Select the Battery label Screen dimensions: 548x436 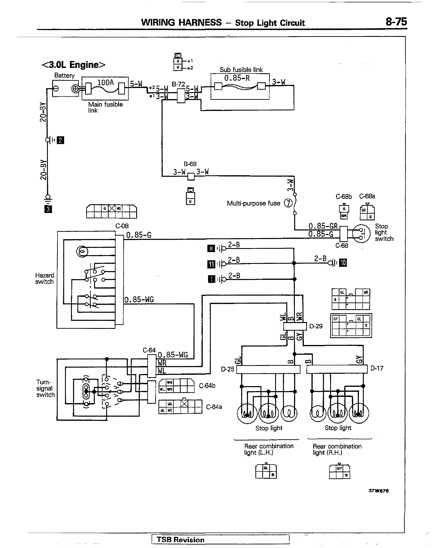pyautogui.click(x=64, y=75)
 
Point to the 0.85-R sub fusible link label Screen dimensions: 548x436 pyautogui.click(x=237, y=78)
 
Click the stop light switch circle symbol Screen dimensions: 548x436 pyautogui.click(x=361, y=234)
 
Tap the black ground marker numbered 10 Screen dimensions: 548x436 pyautogui.click(x=343, y=263)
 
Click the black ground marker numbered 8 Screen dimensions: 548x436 pyautogui.click(x=211, y=248)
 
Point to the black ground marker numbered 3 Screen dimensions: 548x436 pyautogui.click(x=48, y=209)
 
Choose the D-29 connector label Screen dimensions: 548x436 pyautogui.click(x=316, y=326)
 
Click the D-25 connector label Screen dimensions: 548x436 pyautogui.click(x=228, y=369)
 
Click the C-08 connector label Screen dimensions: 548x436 pyautogui.click(x=122, y=226)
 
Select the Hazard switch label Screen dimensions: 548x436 pyautogui.click(x=44, y=278)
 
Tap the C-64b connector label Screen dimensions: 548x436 pyautogui.click(x=207, y=386)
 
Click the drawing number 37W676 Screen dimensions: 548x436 pyautogui.click(x=378, y=491)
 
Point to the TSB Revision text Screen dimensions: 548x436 pyautogui.click(x=180, y=540)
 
